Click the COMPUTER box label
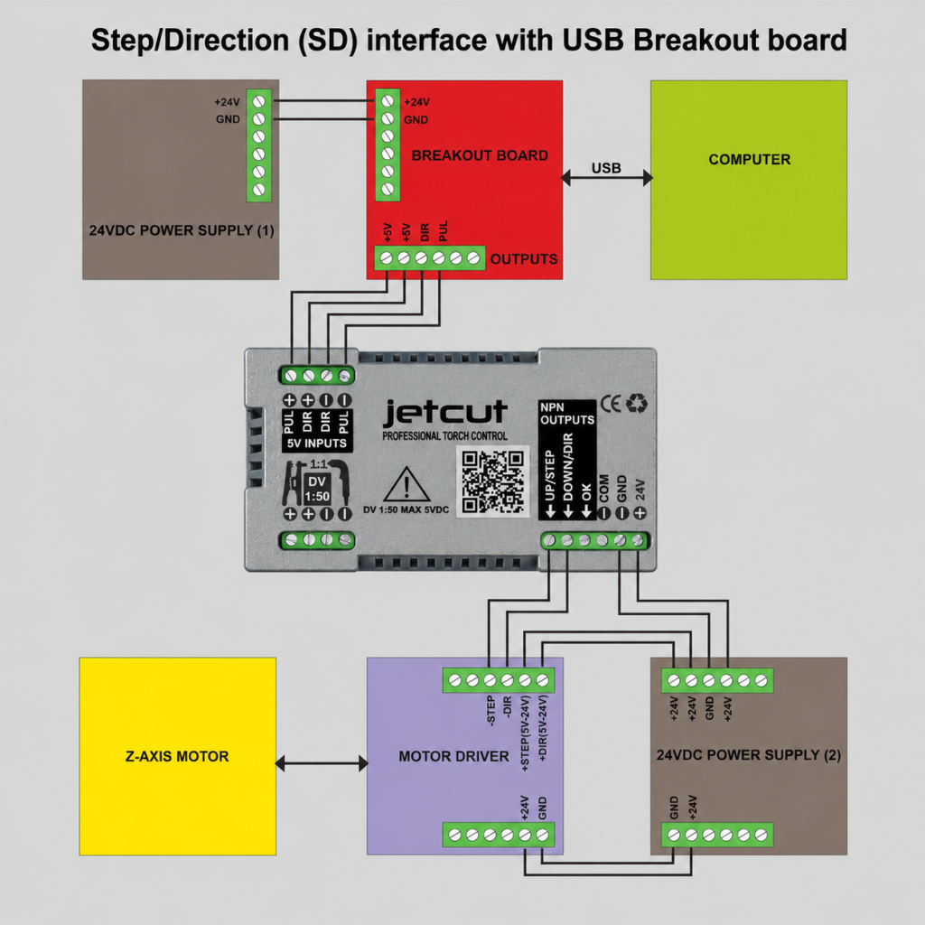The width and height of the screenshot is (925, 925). tap(749, 159)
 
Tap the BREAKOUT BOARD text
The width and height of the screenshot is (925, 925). tap(480, 155)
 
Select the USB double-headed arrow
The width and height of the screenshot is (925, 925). tap(606, 177)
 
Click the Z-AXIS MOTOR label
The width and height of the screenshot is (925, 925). tap(177, 756)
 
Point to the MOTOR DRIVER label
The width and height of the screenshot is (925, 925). tap(453, 756)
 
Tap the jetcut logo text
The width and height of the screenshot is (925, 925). tap(445, 412)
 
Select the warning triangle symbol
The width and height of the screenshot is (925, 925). tap(406, 484)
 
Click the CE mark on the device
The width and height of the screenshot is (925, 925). tap(611, 404)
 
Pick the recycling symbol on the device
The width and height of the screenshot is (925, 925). tap(637, 404)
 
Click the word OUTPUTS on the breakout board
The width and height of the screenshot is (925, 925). tap(524, 259)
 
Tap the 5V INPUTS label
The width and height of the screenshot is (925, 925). tap(317, 443)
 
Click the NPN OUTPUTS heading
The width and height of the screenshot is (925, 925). tap(567, 414)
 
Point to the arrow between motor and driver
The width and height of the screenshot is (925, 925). tap(322, 763)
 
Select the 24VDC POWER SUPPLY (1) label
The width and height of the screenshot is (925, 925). tap(182, 230)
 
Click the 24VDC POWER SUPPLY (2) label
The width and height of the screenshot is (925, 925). tap(749, 755)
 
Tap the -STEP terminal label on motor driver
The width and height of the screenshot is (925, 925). tap(490, 711)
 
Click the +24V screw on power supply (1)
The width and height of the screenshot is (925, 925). tap(258, 101)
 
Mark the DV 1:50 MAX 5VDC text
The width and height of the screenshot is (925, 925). tap(406, 509)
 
